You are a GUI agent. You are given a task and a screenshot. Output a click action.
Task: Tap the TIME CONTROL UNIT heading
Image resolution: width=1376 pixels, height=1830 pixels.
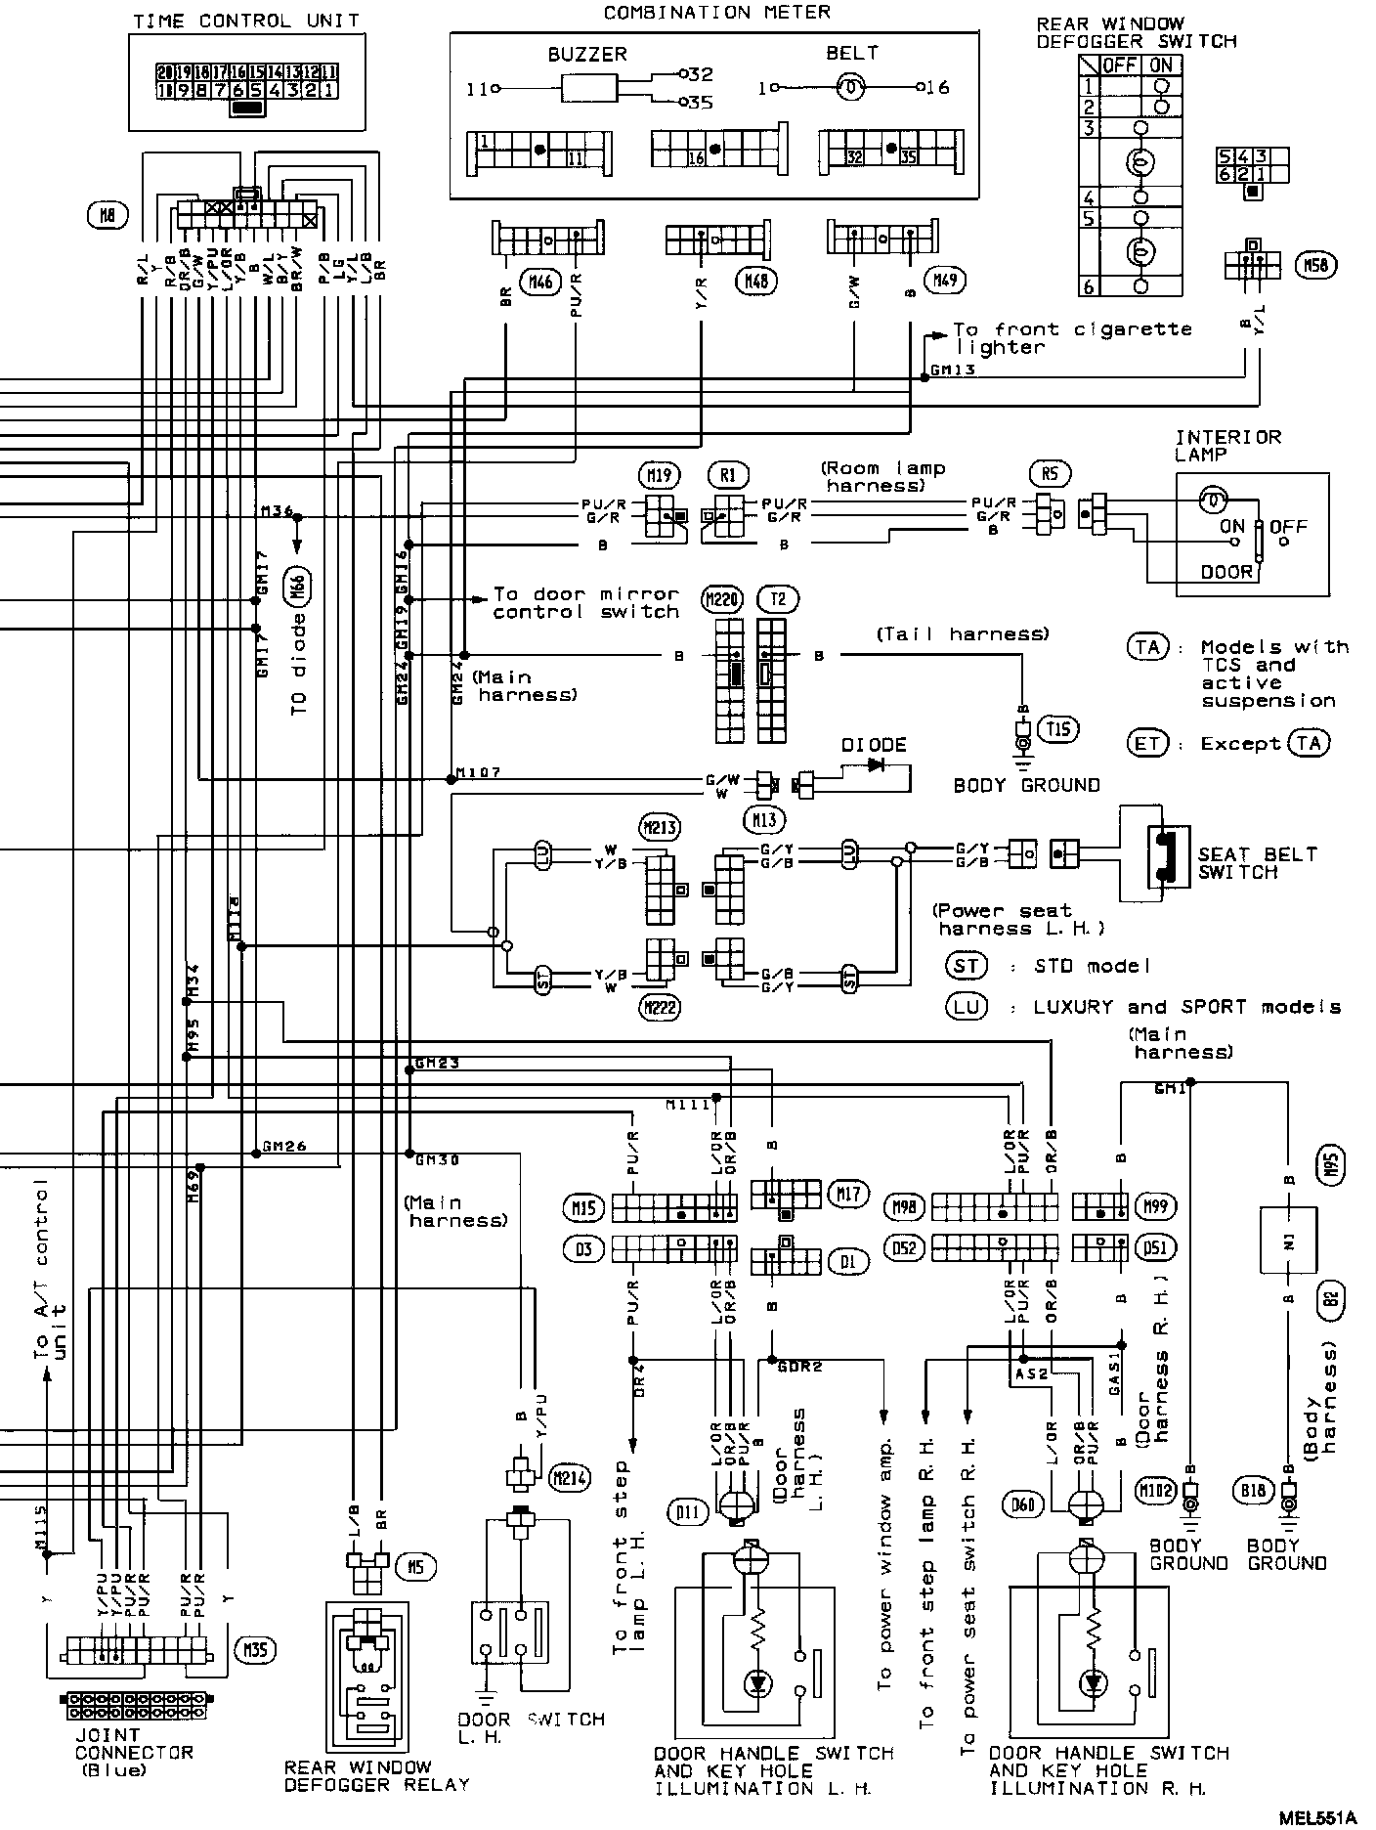point(245,21)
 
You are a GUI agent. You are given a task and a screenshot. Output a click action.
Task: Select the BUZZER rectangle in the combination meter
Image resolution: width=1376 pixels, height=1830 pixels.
point(589,89)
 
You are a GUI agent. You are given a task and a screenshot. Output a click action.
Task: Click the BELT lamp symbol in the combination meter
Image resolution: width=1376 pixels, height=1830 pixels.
point(852,88)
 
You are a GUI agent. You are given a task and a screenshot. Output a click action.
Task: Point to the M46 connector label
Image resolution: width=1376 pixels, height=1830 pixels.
point(540,282)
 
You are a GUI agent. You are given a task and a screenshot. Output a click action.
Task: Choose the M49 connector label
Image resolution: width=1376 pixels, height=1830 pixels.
point(947,281)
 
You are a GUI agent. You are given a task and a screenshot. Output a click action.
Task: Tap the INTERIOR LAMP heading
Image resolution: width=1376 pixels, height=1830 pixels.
point(1227,446)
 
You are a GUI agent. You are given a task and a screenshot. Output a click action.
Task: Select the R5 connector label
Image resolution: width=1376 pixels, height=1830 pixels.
point(1050,475)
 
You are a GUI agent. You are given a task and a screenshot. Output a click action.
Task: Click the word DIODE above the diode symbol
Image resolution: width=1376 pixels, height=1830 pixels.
point(874,745)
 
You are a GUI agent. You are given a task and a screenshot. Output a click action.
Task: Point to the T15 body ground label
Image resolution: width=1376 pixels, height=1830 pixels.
point(1058,727)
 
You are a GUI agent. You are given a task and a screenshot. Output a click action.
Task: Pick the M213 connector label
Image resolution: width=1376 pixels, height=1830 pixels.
point(661,827)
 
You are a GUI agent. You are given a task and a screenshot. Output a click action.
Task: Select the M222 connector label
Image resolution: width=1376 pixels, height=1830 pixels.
point(661,1007)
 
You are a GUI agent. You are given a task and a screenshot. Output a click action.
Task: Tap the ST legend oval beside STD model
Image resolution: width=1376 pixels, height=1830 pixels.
point(966,966)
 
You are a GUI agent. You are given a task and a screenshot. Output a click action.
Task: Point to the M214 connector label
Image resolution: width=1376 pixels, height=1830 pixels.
point(569,1477)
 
